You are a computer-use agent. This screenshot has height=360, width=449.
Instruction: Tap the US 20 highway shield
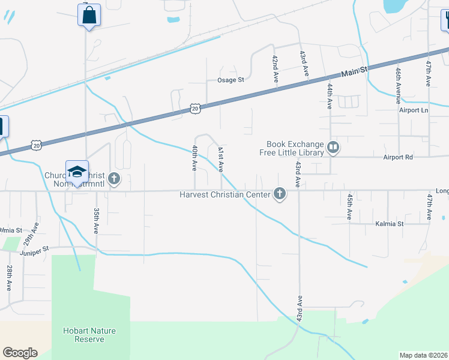pyautogui.click(x=194, y=108)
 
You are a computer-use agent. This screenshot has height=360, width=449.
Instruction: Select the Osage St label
pyautogui.click(x=231, y=80)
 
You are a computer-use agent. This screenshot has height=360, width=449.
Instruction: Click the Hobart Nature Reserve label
pyautogui.click(x=89, y=335)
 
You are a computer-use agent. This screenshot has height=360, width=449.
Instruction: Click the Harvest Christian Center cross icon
pyautogui.click(x=279, y=193)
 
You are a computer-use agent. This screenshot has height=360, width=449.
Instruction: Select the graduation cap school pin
pyautogui.click(x=77, y=171)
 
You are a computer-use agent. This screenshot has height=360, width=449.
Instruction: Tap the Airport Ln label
pyautogui.click(x=414, y=110)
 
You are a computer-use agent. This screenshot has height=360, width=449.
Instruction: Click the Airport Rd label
pyautogui.click(x=399, y=157)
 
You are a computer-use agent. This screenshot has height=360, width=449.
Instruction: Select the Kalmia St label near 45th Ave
pyautogui.click(x=390, y=224)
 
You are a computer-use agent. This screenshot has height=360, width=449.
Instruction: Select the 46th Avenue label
pyautogui.click(x=398, y=82)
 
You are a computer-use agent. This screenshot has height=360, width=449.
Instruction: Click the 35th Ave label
pyautogui.click(x=96, y=221)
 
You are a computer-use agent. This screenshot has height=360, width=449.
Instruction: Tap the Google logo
pyautogui.click(x=20, y=352)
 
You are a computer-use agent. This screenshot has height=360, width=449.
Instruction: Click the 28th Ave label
pyautogui.click(x=10, y=277)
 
